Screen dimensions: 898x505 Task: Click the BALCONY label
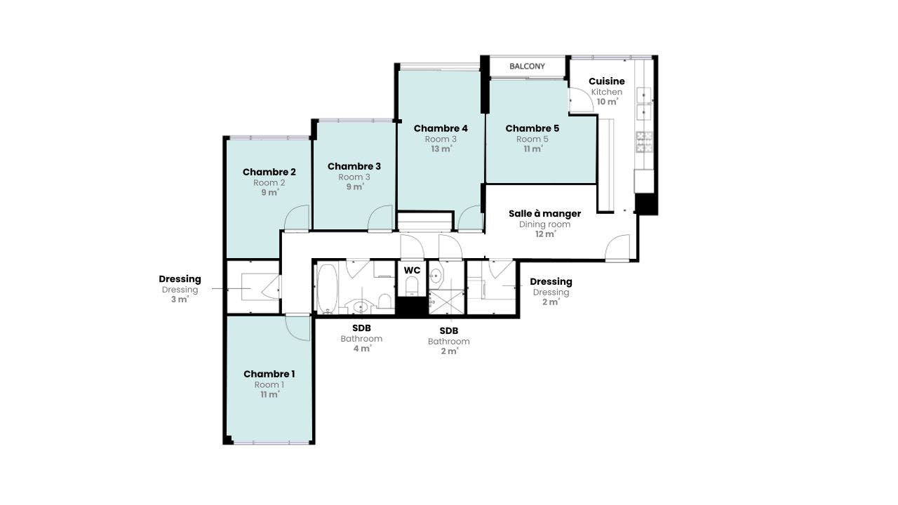click(527, 66)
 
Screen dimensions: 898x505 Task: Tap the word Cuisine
click(607, 81)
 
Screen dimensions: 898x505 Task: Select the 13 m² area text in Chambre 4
click(441, 149)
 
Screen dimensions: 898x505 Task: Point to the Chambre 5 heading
click(532, 128)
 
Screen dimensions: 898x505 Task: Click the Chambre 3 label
click(354, 166)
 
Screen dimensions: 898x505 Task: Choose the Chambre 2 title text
click(269, 172)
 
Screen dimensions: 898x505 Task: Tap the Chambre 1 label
click(269, 374)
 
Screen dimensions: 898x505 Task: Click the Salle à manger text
click(544, 214)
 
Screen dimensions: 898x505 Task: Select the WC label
click(412, 271)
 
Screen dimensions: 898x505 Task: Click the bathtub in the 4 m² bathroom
click(327, 288)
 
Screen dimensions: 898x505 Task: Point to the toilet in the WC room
click(412, 285)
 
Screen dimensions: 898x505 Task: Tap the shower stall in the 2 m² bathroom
click(447, 302)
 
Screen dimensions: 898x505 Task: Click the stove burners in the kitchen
click(644, 142)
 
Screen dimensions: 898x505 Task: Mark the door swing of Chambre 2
click(297, 217)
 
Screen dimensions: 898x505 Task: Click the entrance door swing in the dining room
click(617, 247)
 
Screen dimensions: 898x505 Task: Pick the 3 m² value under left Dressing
click(180, 299)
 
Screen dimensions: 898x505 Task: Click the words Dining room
click(544, 224)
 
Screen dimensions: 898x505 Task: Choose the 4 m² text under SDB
click(362, 349)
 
